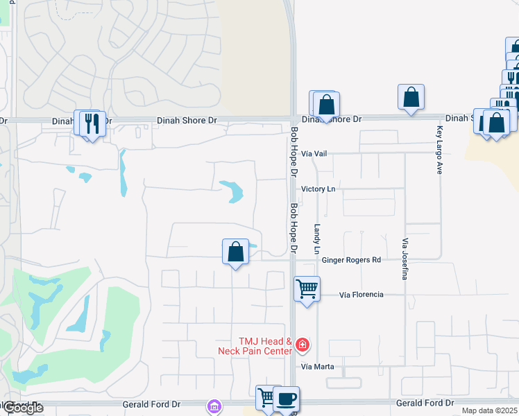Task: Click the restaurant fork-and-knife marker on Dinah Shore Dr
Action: point(92,123)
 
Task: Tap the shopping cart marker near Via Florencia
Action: point(307,288)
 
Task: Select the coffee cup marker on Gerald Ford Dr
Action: point(286,399)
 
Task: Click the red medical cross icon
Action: point(302,345)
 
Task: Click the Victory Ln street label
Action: point(318,189)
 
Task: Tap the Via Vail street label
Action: point(314,153)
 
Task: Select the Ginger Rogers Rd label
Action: point(352,260)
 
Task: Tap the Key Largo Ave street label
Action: point(439,150)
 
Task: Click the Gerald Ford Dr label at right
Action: point(425,403)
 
